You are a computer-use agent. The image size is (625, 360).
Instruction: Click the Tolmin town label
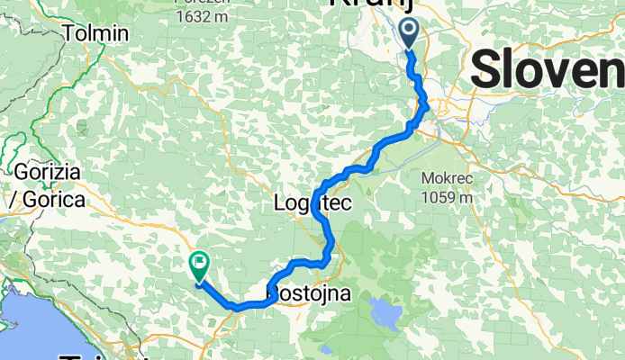(x=97, y=33)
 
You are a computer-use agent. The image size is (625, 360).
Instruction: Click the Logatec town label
(x=311, y=205)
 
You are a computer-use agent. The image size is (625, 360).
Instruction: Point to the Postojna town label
(x=309, y=293)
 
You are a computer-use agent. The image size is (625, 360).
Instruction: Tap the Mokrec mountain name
(x=446, y=176)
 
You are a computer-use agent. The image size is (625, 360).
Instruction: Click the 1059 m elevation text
(x=446, y=197)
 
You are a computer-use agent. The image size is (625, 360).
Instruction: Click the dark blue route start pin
(x=408, y=34)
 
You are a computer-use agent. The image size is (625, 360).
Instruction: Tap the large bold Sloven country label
(x=547, y=69)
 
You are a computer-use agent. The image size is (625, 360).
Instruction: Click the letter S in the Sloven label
(x=487, y=69)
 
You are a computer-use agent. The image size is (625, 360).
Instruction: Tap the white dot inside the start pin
(x=408, y=31)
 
